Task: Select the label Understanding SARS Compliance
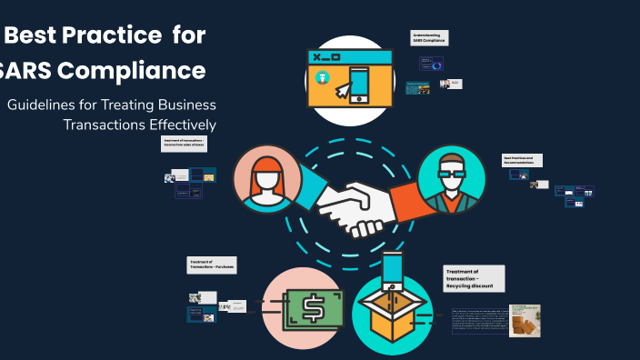click(430, 38)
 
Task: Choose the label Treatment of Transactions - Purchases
click(212, 265)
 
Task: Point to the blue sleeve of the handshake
click(306, 189)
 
